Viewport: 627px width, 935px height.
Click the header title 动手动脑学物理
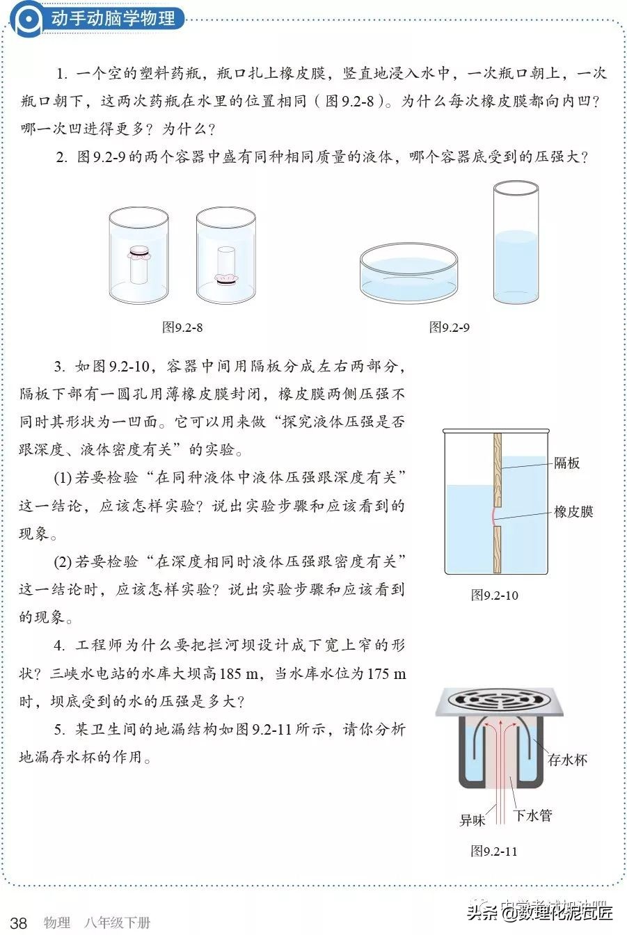coord(113,18)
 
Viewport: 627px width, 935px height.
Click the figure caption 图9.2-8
coord(182,327)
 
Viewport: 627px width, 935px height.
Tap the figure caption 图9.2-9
coord(449,327)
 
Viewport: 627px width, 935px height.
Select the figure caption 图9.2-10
coord(494,595)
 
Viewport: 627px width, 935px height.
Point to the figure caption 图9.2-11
coord(494,851)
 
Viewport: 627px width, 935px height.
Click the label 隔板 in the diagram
coord(567,463)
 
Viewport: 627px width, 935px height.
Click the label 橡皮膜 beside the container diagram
coord(573,511)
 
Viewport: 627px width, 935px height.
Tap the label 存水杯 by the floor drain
coord(568,760)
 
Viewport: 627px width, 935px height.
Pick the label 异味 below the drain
coord(471,820)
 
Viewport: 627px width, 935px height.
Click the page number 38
coord(19,923)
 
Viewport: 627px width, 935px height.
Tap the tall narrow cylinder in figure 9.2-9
coord(516,243)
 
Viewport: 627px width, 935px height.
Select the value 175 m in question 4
coord(379,673)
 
